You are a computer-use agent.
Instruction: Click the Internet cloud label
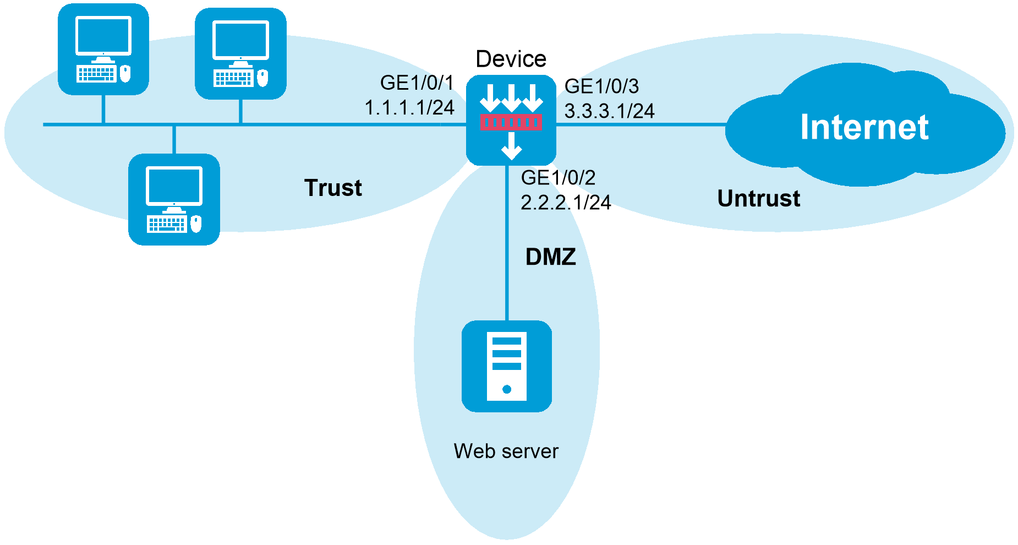(864, 127)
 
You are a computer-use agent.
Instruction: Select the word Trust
(333, 188)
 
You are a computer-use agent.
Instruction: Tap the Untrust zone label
(758, 198)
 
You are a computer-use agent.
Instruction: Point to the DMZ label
(550, 257)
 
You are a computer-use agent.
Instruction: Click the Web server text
(506, 451)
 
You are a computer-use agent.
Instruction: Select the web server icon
(507, 366)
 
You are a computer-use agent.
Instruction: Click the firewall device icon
(511, 121)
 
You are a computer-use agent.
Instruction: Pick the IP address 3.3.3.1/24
(609, 111)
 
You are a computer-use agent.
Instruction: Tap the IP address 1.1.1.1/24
(409, 107)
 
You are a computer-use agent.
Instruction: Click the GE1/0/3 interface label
(603, 86)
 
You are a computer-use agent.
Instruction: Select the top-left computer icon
(103, 49)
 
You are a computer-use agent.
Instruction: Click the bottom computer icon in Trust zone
(174, 199)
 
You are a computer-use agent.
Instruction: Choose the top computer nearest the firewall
(240, 53)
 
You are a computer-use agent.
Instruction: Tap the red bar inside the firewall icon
(511, 122)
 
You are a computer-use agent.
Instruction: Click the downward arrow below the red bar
(511, 146)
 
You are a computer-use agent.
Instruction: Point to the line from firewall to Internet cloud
(641, 125)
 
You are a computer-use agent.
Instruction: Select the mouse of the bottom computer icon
(196, 224)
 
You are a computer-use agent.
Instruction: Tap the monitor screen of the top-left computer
(103, 35)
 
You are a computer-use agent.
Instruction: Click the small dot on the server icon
(507, 389)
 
